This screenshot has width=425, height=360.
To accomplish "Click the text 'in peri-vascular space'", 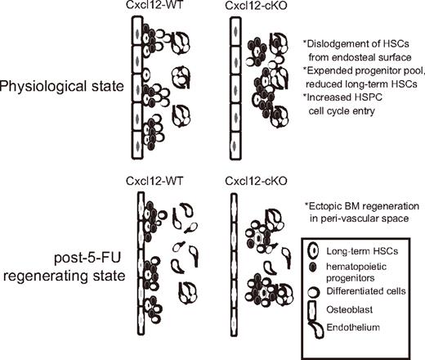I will (352, 214).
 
